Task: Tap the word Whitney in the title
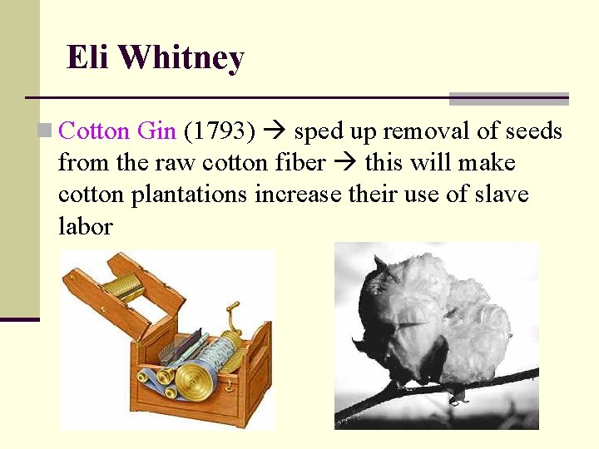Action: click(x=181, y=58)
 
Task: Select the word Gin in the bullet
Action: click(x=156, y=131)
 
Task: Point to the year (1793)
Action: click(x=219, y=131)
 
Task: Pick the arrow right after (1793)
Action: click(x=275, y=131)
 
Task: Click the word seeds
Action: click(x=533, y=131)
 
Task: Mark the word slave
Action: click(x=500, y=194)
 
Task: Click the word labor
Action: click(x=85, y=225)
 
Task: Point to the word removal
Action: click(x=425, y=131)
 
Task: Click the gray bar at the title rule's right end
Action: click(x=508, y=99)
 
